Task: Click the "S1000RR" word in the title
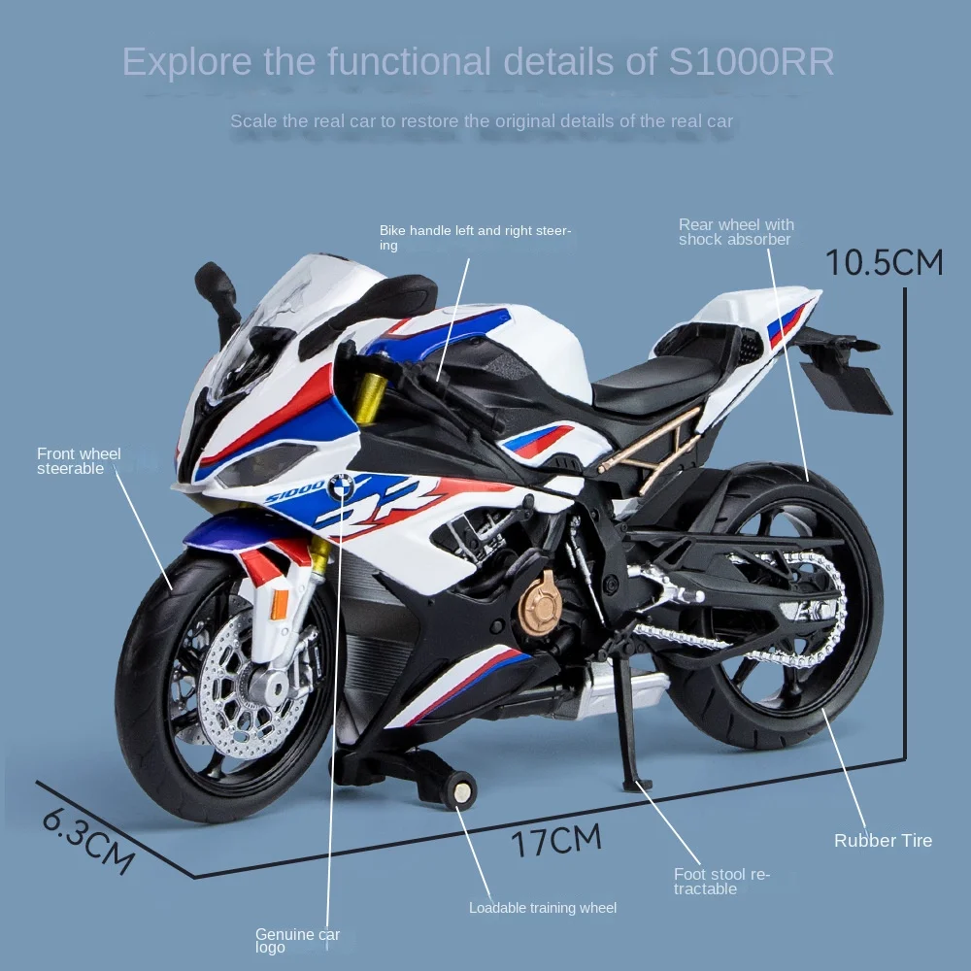(752, 61)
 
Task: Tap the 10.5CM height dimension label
(884, 262)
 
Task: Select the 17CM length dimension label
(557, 839)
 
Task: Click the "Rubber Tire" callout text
(883, 841)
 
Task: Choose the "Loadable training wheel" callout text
(543, 908)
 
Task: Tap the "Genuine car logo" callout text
(297, 940)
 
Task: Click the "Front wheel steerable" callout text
(79, 460)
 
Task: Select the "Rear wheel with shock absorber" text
(736, 232)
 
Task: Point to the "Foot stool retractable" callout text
(721, 882)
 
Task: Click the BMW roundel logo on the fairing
(341, 486)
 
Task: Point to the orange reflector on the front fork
(280, 604)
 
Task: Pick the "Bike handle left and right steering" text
(475, 238)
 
